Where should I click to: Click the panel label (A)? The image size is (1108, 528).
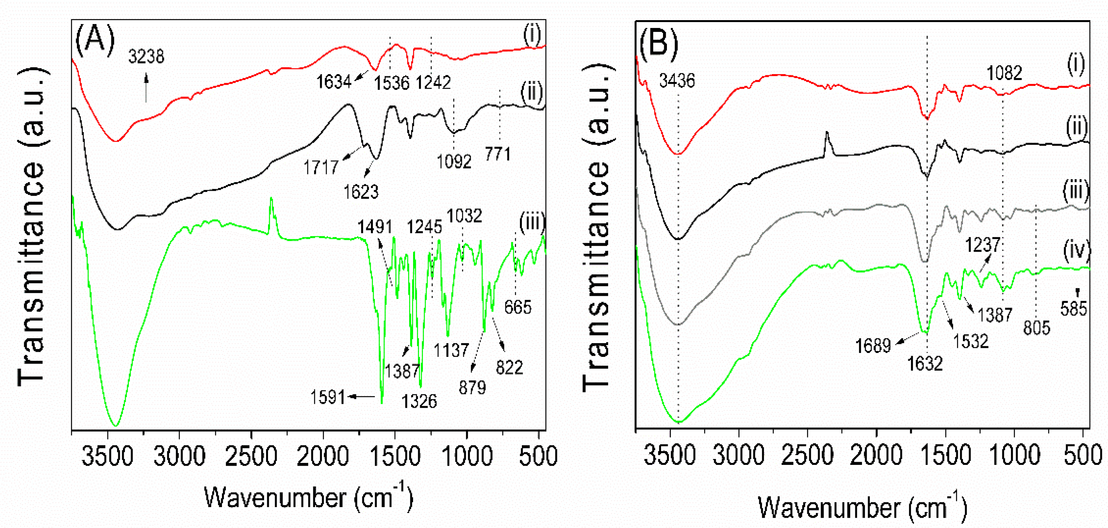click(95, 39)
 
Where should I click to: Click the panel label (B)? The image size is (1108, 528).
click(658, 43)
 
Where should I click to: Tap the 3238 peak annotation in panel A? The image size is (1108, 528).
click(146, 56)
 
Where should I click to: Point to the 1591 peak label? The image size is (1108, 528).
click(328, 397)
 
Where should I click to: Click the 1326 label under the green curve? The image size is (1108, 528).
click(419, 401)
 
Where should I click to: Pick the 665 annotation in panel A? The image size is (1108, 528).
click(518, 307)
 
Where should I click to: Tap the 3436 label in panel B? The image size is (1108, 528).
click(677, 80)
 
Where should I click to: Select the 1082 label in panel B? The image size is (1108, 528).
click(1004, 73)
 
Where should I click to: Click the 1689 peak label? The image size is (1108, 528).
click(873, 346)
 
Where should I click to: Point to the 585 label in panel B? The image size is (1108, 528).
click(1074, 308)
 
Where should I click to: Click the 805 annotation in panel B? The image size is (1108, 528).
click(1037, 328)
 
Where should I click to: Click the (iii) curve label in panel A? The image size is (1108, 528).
click(532, 222)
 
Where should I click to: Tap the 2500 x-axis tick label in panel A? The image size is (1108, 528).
click(251, 457)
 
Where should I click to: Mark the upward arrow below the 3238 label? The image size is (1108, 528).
click(146, 88)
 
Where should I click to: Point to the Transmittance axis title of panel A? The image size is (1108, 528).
click(31, 226)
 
